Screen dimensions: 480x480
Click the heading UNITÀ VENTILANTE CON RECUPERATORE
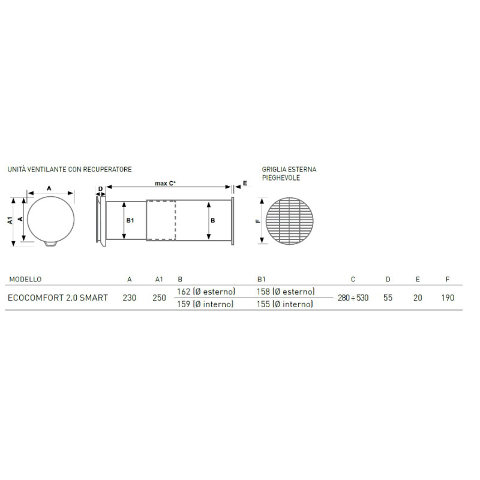(x=70, y=170)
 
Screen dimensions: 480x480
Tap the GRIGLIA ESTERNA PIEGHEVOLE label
(x=289, y=174)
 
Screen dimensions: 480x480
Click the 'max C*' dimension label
(x=165, y=184)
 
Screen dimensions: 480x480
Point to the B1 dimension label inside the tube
(x=130, y=221)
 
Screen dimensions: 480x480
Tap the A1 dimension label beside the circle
(x=10, y=220)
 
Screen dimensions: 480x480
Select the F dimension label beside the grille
(x=257, y=221)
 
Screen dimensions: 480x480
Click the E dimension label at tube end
(x=244, y=184)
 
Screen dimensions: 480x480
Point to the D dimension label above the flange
(x=100, y=189)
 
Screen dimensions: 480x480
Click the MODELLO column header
(x=25, y=279)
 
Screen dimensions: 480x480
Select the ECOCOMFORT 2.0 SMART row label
(x=58, y=298)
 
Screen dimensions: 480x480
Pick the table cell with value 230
(x=130, y=298)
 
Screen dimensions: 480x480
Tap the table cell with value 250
(x=159, y=298)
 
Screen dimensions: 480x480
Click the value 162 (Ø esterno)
(x=206, y=292)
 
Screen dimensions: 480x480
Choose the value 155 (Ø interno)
(x=285, y=304)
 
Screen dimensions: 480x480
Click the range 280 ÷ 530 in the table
(x=353, y=298)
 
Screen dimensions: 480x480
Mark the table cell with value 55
(x=388, y=298)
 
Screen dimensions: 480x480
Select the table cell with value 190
(x=447, y=298)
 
